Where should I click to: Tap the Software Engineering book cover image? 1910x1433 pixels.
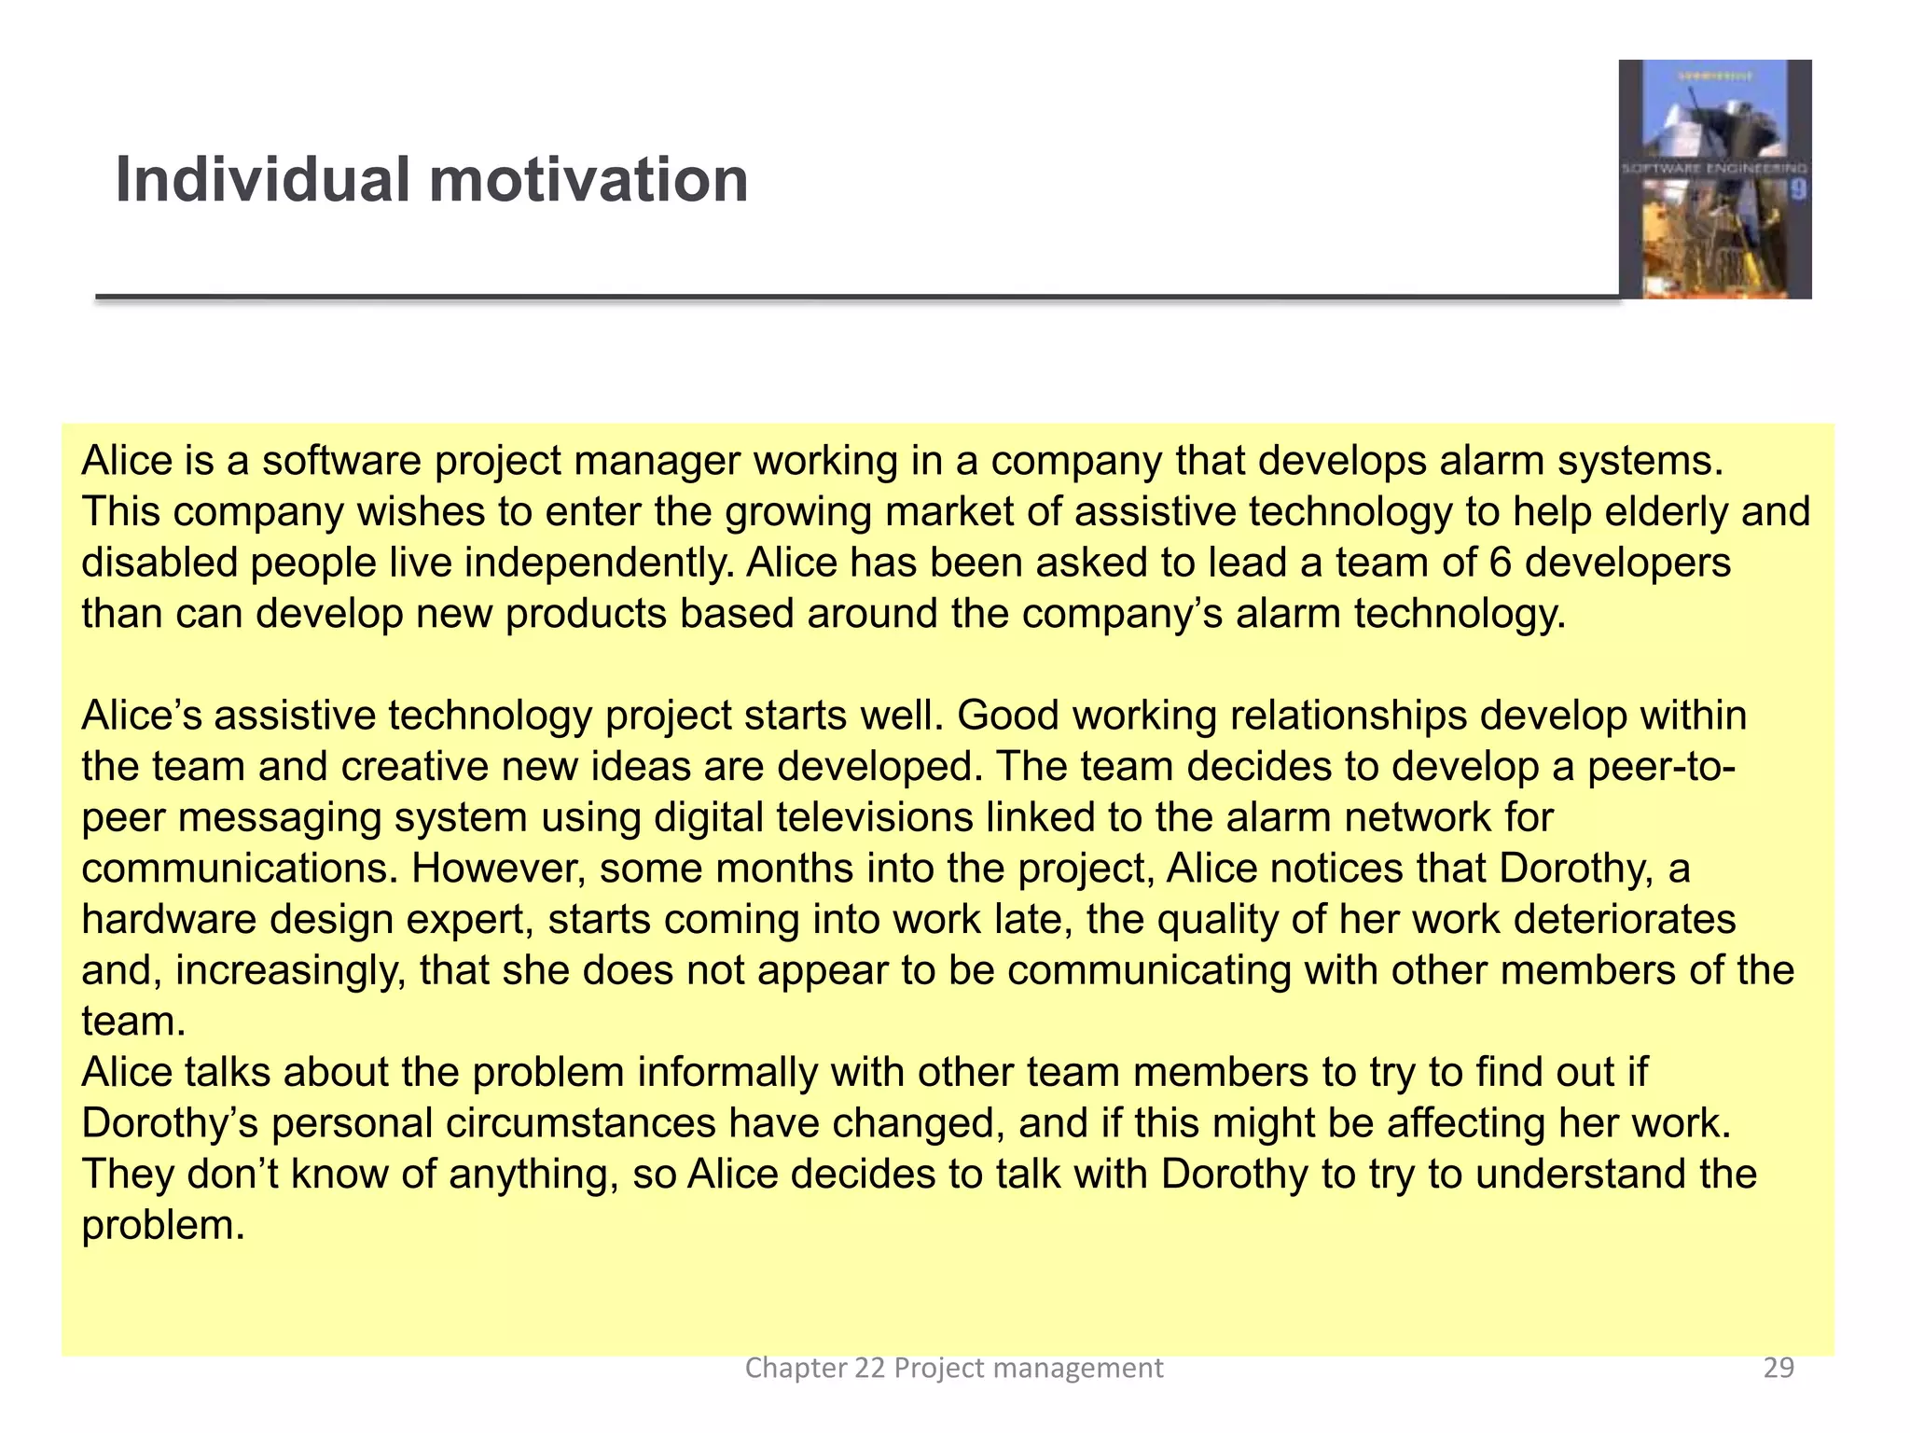pyautogui.click(x=1715, y=179)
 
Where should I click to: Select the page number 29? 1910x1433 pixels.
pyautogui.click(x=1779, y=1368)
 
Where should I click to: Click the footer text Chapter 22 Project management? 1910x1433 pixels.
pyautogui.click(x=954, y=1368)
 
